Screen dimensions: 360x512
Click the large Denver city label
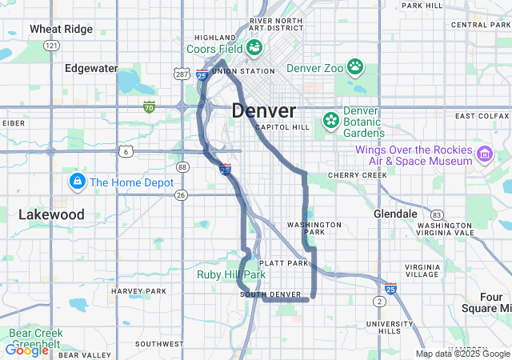pos(264,110)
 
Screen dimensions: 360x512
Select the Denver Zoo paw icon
pos(354,67)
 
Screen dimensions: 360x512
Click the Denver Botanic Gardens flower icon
pos(330,121)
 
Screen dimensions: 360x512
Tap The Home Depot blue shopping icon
pos(77,182)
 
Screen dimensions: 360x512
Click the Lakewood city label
pos(51,214)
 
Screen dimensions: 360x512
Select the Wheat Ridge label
pos(62,29)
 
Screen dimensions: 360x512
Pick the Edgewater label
pos(91,68)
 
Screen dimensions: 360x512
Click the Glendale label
pos(395,214)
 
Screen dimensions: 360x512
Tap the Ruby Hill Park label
pos(231,274)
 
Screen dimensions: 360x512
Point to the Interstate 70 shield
pos(149,106)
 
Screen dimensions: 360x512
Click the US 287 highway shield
pos(181,73)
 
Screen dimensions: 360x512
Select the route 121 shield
pos(52,46)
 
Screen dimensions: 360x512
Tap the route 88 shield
pos(183,167)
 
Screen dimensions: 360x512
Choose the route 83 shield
pos(436,215)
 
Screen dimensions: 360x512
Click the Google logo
pos(26,350)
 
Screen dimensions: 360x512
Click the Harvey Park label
pos(139,290)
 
